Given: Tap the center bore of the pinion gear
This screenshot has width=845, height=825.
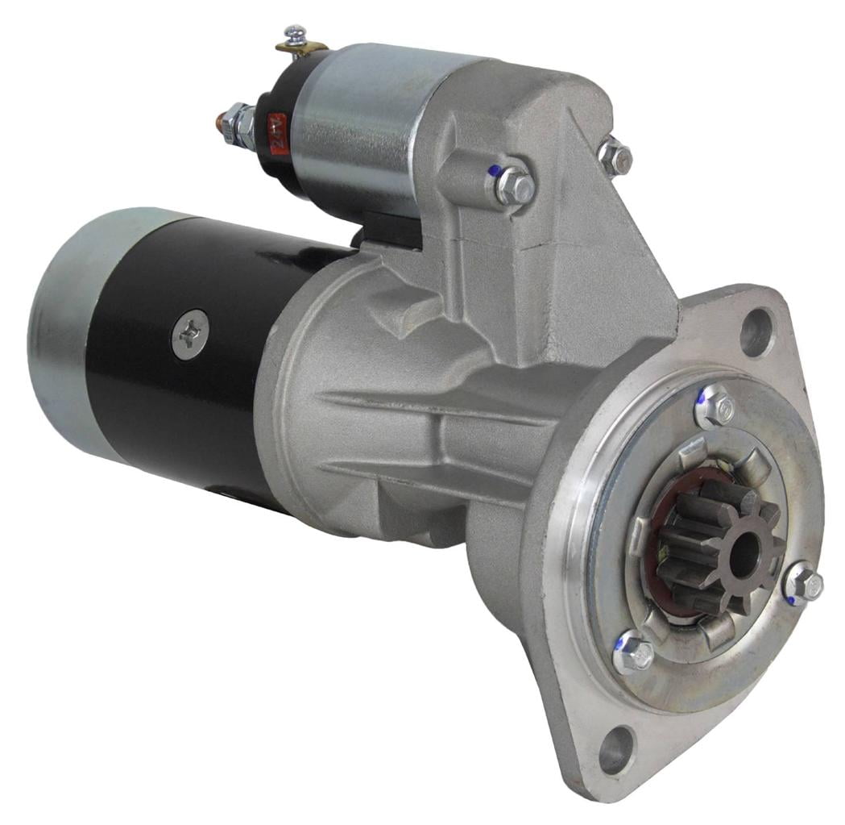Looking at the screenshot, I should click(742, 556).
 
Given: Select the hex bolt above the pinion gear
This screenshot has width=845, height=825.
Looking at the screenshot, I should click(713, 408).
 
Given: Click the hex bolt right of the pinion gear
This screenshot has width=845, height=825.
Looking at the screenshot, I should click(803, 582).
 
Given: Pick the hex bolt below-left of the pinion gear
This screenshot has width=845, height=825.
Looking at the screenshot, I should click(633, 653).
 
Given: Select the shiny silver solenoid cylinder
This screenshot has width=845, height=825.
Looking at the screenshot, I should click(362, 121).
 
